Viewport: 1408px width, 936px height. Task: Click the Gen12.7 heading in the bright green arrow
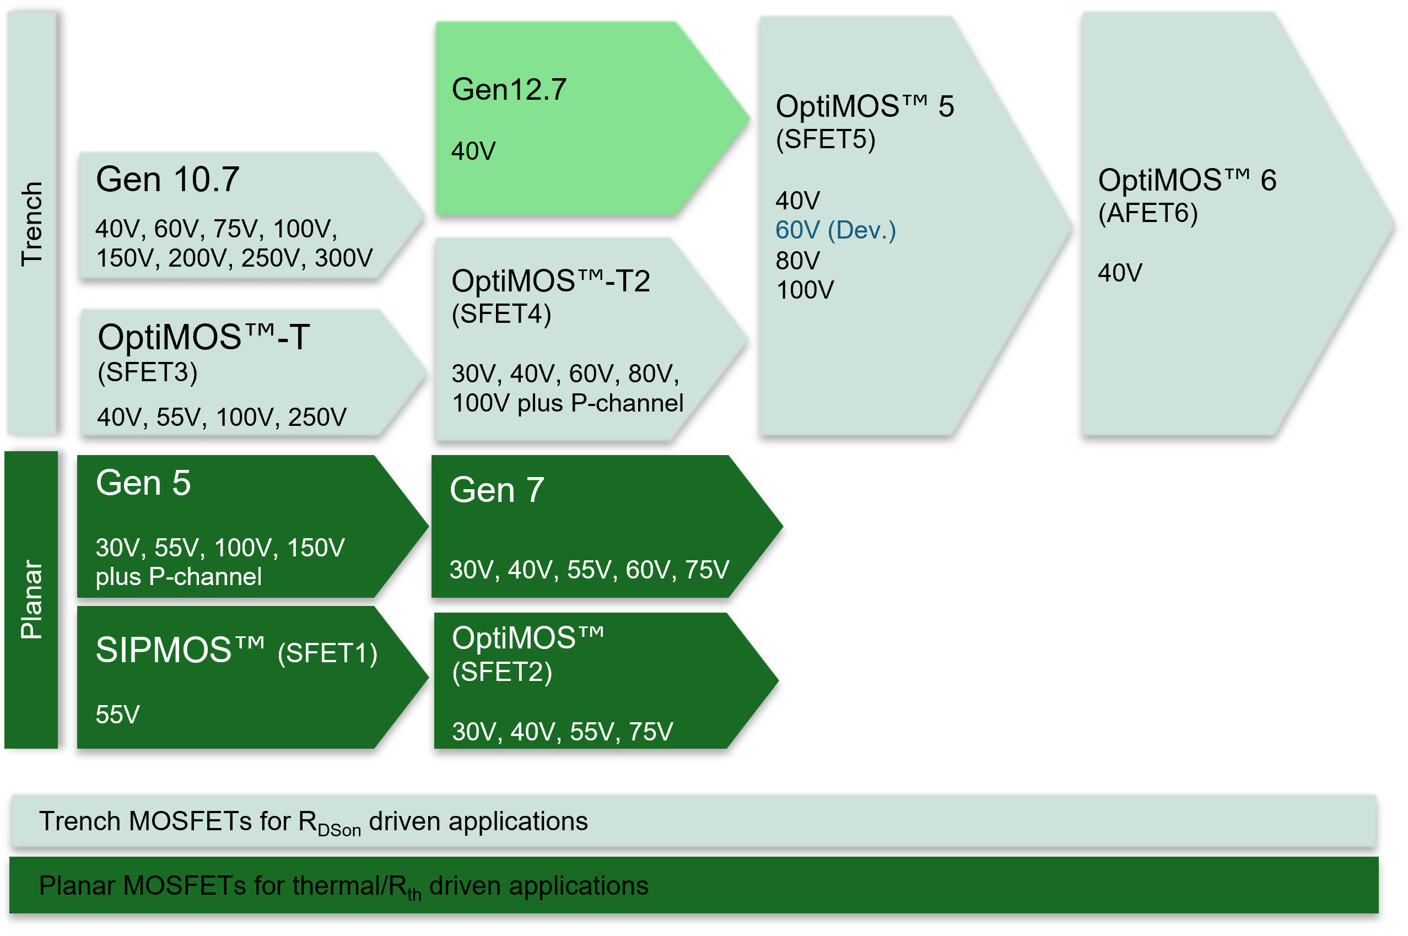(x=509, y=90)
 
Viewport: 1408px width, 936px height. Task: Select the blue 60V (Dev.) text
(x=835, y=230)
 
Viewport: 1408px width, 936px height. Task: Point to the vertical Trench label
(x=31, y=224)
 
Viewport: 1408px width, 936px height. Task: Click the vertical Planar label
(x=31, y=599)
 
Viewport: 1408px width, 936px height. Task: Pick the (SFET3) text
(x=148, y=372)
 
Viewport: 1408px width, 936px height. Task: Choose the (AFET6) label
(x=1148, y=213)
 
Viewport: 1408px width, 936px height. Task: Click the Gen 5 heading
(x=143, y=483)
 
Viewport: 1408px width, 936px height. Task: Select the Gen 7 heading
(x=497, y=490)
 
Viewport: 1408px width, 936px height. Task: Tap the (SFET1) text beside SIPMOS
(x=327, y=653)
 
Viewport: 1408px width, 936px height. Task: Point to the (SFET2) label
(x=501, y=672)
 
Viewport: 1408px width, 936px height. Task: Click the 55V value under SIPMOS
(x=117, y=715)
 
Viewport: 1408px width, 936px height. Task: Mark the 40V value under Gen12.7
(x=473, y=151)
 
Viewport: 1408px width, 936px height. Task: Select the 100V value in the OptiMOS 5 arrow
(x=805, y=291)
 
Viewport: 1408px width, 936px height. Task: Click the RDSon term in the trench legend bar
(x=330, y=824)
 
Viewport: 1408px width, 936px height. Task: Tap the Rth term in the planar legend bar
(x=406, y=888)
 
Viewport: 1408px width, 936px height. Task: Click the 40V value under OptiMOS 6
(x=1120, y=273)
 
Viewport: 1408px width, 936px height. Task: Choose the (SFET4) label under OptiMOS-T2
(x=501, y=314)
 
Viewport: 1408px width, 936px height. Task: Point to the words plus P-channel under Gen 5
(x=179, y=577)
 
